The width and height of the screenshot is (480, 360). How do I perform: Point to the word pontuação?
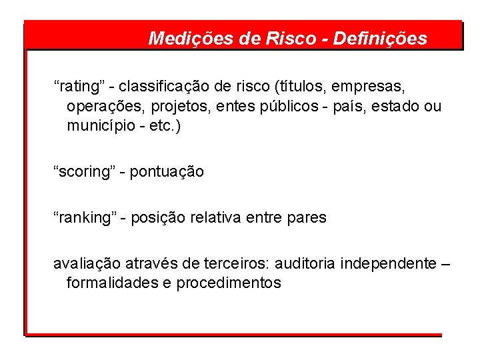[167, 172]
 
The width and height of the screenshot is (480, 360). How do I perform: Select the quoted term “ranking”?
[85, 217]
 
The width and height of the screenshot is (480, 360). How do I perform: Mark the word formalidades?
[112, 283]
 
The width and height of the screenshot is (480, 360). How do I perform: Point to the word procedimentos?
[229, 283]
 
